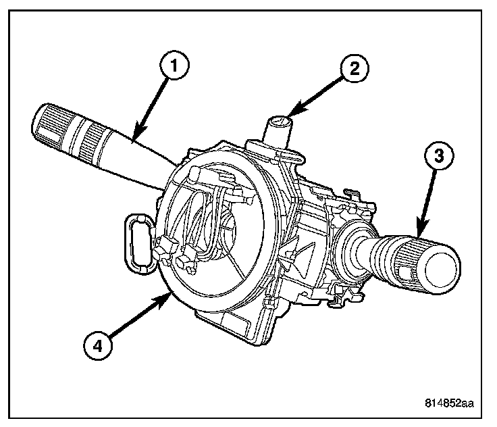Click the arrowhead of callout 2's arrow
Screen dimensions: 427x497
click(x=290, y=116)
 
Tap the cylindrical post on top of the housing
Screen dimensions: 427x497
click(x=277, y=128)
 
